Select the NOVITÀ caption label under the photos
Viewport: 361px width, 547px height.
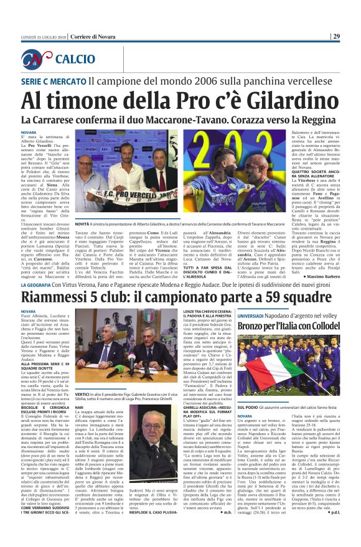(84, 222)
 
